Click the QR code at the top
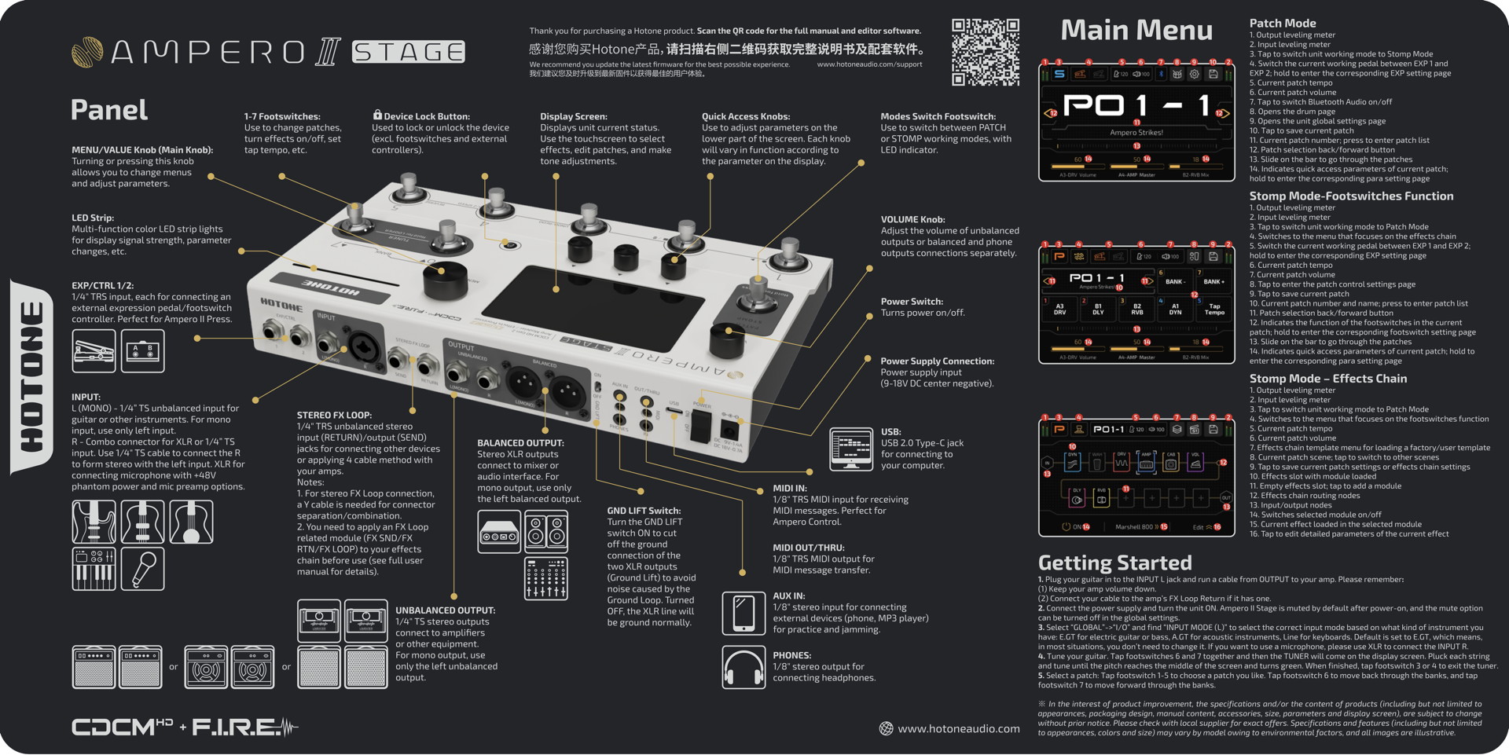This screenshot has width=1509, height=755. pos(985,52)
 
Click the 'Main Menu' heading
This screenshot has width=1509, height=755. pos(1136,31)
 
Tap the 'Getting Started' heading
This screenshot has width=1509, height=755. pos(1114,563)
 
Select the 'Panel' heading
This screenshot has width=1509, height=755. pos(109,110)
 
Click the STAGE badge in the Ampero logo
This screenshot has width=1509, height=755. pos(408,52)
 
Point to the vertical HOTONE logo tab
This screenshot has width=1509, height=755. pos(31,377)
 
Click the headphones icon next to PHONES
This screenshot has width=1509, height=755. pos(743,667)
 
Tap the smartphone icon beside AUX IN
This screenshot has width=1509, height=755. pos(743,613)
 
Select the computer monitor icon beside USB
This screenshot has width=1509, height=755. pos(851,449)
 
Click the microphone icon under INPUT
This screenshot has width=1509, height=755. pos(142,569)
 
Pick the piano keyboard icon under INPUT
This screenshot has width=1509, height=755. pos(94,569)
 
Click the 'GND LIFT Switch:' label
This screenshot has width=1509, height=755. pos(644,511)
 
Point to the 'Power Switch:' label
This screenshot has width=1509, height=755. pos(912,302)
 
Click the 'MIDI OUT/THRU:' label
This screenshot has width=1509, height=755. pos(808,548)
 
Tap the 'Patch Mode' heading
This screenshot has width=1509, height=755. pos(1282,24)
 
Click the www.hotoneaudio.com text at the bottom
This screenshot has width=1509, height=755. pos(958,729)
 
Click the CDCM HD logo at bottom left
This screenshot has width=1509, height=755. pos(122,728)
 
